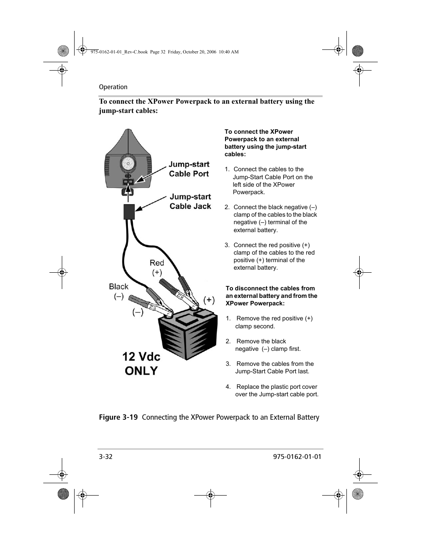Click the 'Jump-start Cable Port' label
[x=189, y=169]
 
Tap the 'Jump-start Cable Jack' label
[x=190, y=202]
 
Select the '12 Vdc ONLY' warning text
[x=141, y=364]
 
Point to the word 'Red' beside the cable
[x=157, y=263]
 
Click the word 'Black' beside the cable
[x=119, y=287]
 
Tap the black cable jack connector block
[x=129, y=212]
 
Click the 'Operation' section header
[x=113, y=87]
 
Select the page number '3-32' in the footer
[x=106, y=457]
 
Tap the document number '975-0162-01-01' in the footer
[x=294, y=457]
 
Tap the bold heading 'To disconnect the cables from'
[x=270, y=289]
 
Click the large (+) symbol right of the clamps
[x=209, y=300]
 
